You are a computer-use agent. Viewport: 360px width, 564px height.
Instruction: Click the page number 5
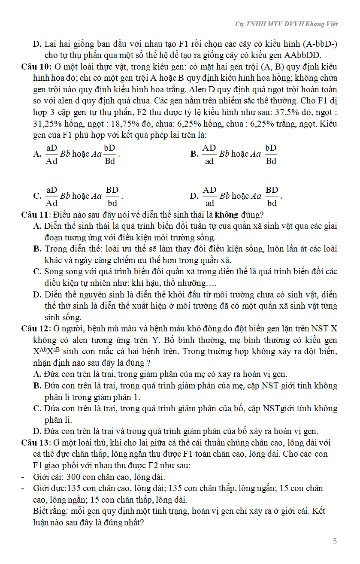(x=335, y=541)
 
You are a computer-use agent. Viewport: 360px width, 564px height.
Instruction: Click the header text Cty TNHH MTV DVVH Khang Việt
(x=286, y=24)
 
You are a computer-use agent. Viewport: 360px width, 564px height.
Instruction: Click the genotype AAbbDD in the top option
(x=303, y=55)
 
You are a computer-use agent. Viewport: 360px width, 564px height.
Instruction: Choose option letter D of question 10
(x=194, y=196)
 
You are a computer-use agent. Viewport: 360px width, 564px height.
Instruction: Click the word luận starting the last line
(x=41, y=523)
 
